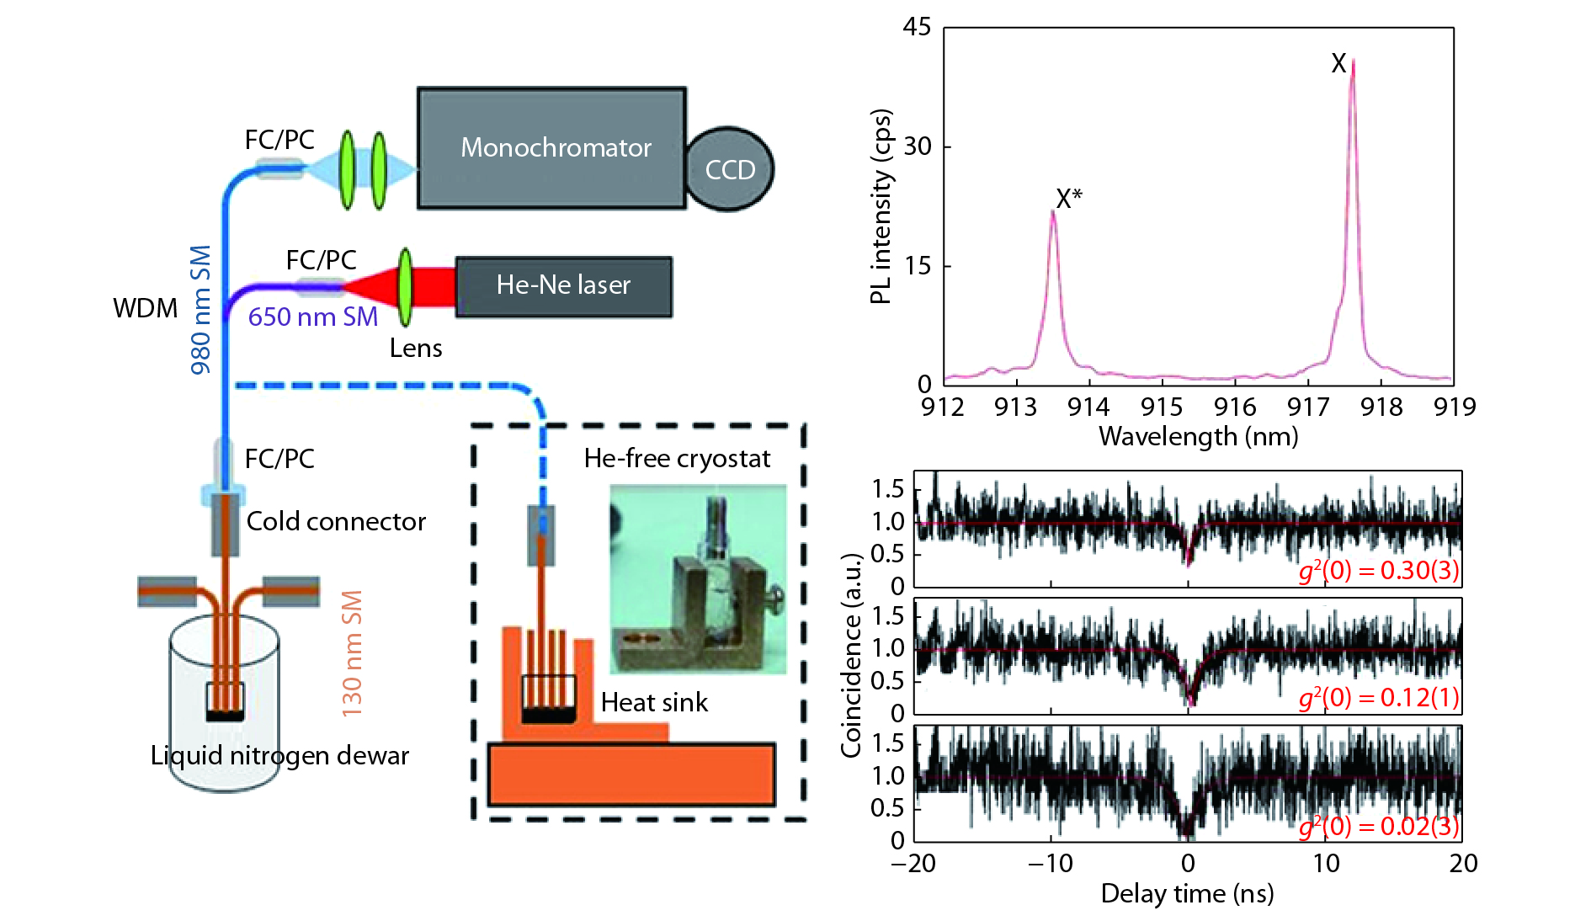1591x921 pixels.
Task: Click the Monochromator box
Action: pyautogui.click(x=552, y=148)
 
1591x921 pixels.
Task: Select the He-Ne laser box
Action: pyautogui.click(x=563, y=286)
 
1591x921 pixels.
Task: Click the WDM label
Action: pyautogui.click(x=145, y=308)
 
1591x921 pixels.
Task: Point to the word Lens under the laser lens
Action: pyautogui.click(x=415, y=349)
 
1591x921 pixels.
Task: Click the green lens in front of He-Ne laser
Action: pyautogui.click(x=406, y=286)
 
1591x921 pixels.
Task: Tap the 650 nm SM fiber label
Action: pyautogui.click(x=312, y=317)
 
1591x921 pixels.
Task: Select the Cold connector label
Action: pyautogui.click(x=336, y=522)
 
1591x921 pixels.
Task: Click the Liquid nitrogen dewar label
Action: pyautogui.click(x=279, y=756)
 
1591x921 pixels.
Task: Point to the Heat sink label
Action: pyautogui.click(x=654, y=703)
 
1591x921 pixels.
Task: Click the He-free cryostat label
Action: pyautogui.click(x=677, y=459)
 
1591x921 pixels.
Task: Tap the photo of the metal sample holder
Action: pyautogui.click(x=698, y=579)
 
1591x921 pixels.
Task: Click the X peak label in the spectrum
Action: pyautogui.click(x=1338, y=63)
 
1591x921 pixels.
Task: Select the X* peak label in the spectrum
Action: pyautogui.click(x=1069, y=199)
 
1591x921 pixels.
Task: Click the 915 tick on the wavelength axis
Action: pyautogui.click(x=1162, y=407)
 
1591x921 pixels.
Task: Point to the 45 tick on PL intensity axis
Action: pyautogui.click(x=917, y=28)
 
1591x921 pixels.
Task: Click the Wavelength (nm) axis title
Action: pyautogui.click(x=1198, y=437)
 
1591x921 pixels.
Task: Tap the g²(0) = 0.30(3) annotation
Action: pyautogui.click(x=1379, y=571)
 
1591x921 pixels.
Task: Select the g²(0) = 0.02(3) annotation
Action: pyautogui.click(x=1379, y=826)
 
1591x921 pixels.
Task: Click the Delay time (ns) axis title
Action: pyautogui.click(x=1187, y=894)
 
